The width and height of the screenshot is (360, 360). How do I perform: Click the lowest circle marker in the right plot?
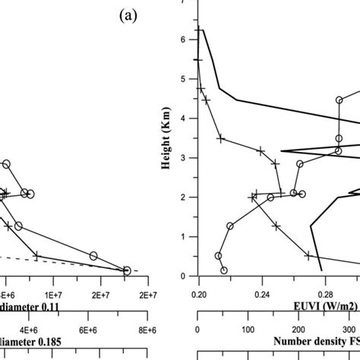[x=223, y=270]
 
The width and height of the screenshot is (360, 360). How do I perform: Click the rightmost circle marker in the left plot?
[x=127, y=270]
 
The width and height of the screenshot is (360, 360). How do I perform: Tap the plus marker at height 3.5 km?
[x=220, y=138]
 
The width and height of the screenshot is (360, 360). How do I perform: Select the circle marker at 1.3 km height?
[x=229, y=226]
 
